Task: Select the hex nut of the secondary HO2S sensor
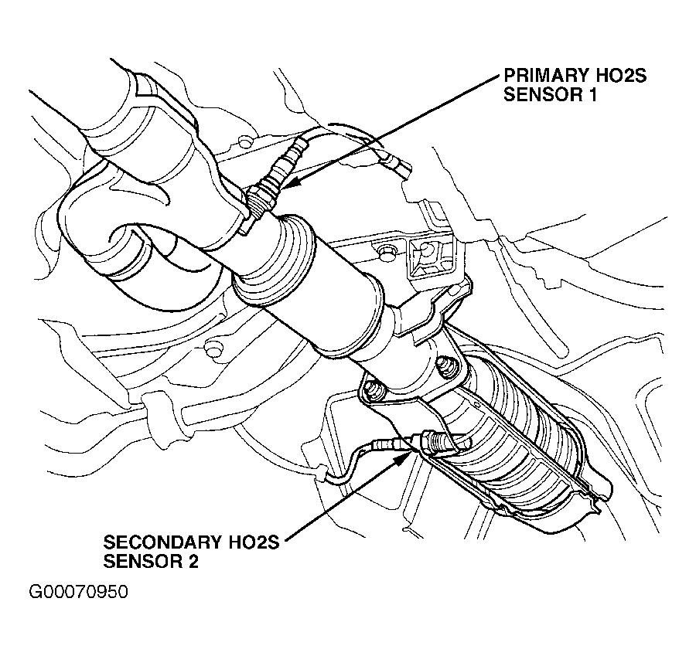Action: (433, 443)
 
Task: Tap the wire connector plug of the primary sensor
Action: (397, 164)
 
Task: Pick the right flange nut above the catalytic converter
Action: (447, 363)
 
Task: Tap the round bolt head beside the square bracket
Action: (384, 249)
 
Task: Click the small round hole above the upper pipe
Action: (244, 141)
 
